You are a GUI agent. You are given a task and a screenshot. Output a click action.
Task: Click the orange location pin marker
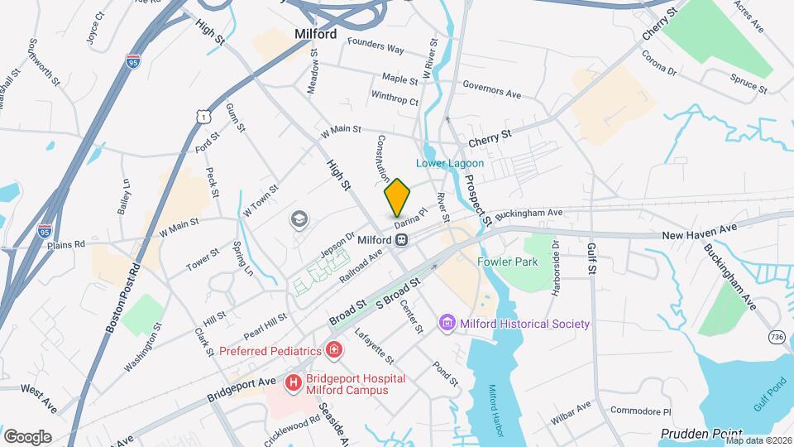(398, 196)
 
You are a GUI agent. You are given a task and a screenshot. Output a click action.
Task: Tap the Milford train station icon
(401, 239)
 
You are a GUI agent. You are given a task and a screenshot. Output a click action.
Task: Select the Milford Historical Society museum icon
(447, 324)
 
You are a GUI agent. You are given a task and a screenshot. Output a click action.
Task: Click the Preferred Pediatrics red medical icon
(333, 351)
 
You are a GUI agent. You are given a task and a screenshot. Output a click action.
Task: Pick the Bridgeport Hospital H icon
(294, 384)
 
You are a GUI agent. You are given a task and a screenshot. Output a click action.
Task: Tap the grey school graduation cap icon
(298, 219)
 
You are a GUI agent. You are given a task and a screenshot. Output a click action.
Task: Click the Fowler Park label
(507, 262)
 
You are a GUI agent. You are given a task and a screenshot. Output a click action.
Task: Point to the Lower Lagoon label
(450, 163)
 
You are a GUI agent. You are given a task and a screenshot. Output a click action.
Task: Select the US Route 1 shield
(202, 118)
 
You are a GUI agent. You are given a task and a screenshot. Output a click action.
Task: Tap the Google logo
(27, 436)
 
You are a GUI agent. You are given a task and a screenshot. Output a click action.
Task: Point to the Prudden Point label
(701, 433)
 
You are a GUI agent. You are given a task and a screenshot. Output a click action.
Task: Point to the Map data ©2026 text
(758, 440)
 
